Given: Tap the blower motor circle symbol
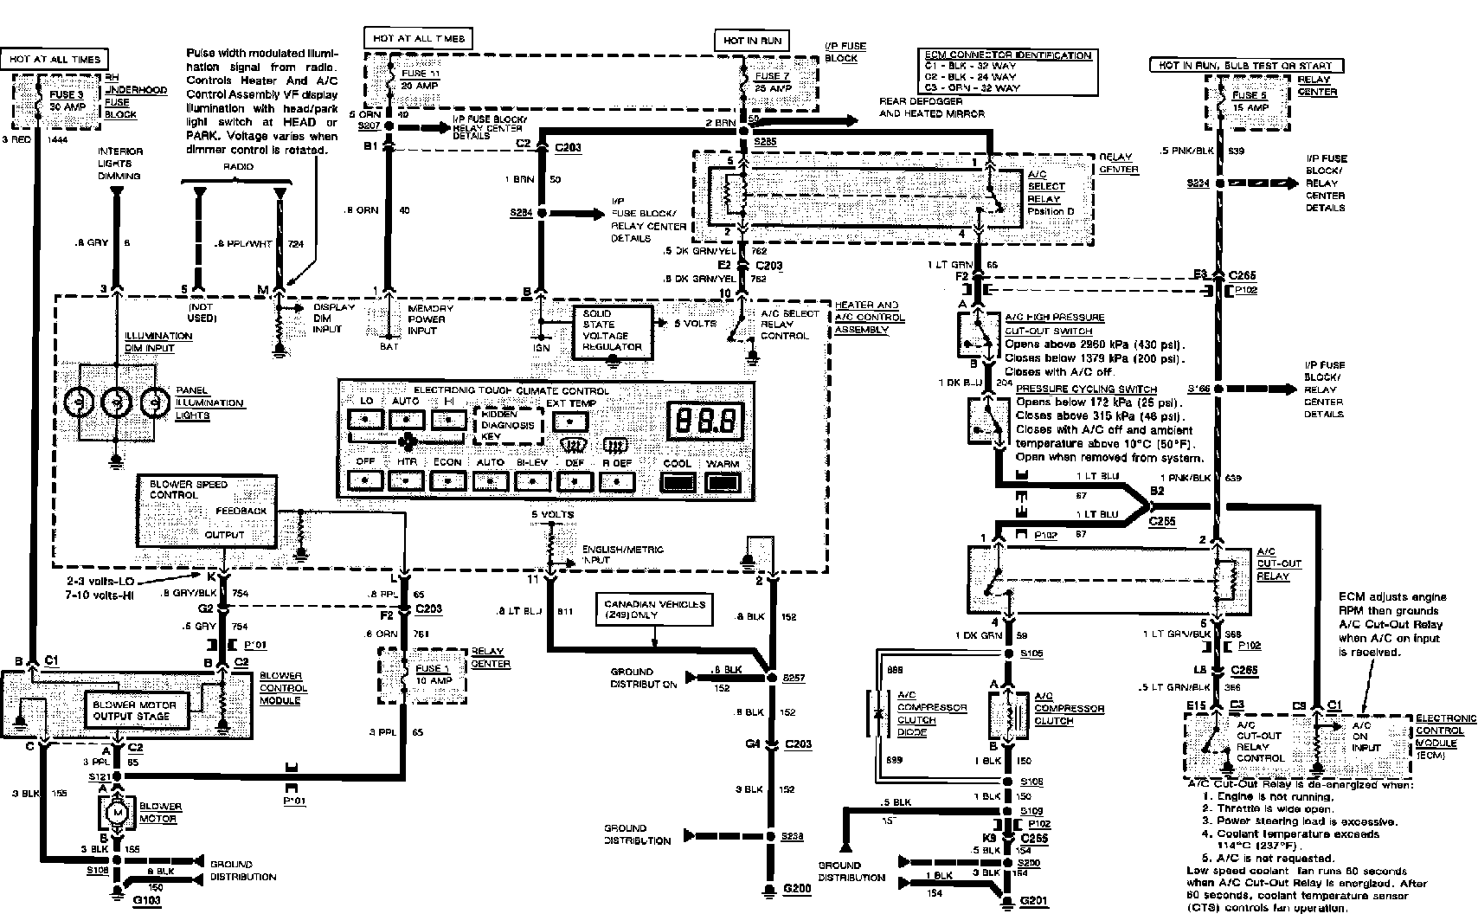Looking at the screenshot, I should coord(116,813).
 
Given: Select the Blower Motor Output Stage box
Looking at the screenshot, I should coord(135,711).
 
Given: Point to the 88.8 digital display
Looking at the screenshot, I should coord(706,422).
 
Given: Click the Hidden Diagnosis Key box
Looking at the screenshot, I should coord(510,425).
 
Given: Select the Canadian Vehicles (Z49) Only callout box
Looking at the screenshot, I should coord(654,609).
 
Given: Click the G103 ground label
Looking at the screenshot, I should coord(148,901).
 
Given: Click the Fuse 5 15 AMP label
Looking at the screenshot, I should coord(1250,101).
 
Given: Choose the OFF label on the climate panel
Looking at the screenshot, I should coord(365,462).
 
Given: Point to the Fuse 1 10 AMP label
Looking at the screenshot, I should coord(432,673).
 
